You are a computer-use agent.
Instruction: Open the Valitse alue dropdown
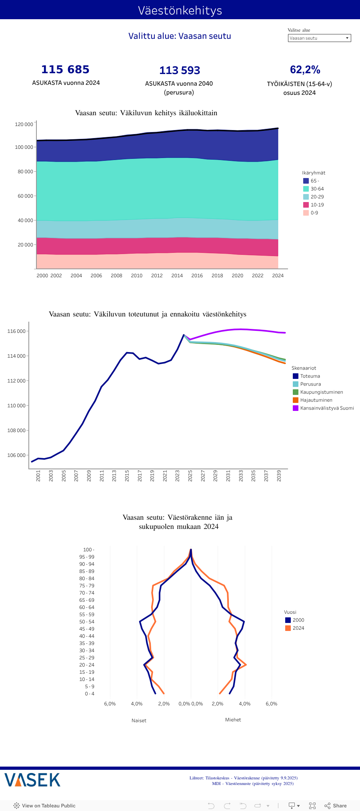[x=319, y=38]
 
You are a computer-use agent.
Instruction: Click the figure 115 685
[x=66, y=70]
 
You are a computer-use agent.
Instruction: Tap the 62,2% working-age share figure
[x=305, y=70]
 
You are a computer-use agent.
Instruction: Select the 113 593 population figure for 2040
[x=180, y=70]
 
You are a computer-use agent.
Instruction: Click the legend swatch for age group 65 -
[x=306, y=181]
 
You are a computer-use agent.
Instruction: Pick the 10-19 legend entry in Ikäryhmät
[x=317, y=205]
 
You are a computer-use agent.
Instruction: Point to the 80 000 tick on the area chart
[x=25, y=172]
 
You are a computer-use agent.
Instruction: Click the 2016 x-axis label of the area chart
[x=197, y=276]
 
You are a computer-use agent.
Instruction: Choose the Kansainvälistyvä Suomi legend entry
[x=327, y=408]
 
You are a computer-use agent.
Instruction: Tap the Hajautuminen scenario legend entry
[x=316, y=400]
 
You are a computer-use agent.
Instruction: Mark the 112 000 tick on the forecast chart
[x=16, y=381]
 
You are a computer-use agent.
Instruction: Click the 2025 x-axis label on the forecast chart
[x=190, y=476]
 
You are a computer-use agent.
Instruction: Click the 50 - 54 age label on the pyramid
[x=87, y=622]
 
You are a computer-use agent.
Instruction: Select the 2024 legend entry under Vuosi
[x=298, y=628]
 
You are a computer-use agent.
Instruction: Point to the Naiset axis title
[x=139, y=721]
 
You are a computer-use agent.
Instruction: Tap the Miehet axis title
[x=233, y=720]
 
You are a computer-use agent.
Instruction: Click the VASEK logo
[x=32, y=780]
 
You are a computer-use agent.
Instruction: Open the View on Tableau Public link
[x=44, y=806]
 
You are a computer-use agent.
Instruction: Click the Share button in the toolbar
[x=336, y=806]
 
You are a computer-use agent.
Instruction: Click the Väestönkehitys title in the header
[x=180, y=10]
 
